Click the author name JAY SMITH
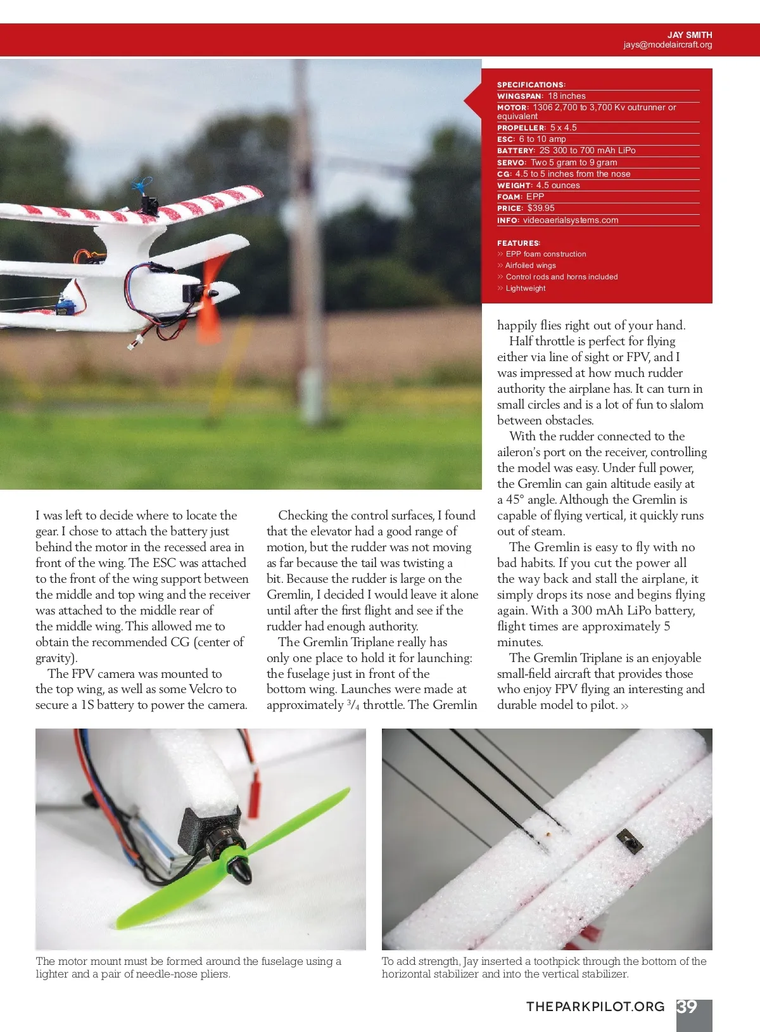click(689, 35)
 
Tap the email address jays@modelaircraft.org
click(667, 45)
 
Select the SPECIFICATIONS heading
click(531, 85)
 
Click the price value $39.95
click(541, 208)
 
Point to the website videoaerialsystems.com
click(570, 220)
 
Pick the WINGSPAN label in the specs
click(520, 96)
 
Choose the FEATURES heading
click(519, 243)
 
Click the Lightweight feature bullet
click(525, 288)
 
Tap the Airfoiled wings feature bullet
click(530, 265)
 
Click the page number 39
click(687, 1007)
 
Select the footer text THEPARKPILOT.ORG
click(595, 1007)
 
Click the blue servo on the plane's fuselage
click(64, 306)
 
